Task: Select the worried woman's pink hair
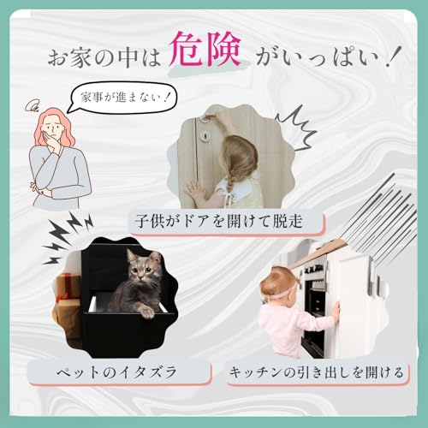[x=53, y=128]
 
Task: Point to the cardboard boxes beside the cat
[x=67, y=295]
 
